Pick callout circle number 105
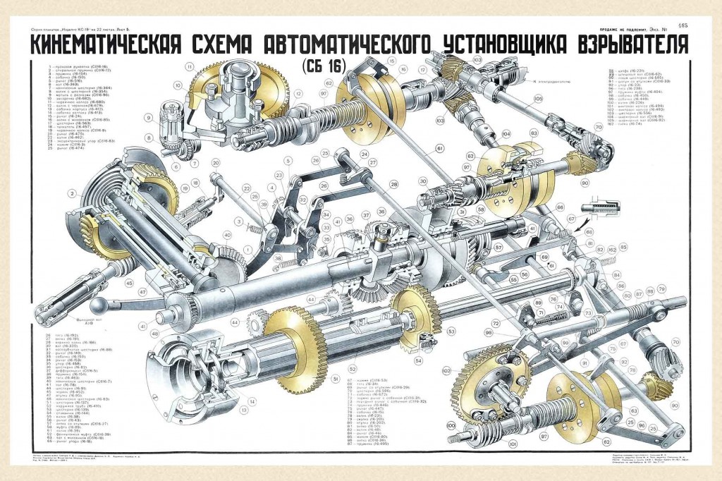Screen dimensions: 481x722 click(x=538, y=99)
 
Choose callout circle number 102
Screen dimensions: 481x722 click(x=446, y=369)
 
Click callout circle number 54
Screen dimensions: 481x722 click(x=418, y=361)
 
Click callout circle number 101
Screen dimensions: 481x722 click(x=513, y=444)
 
